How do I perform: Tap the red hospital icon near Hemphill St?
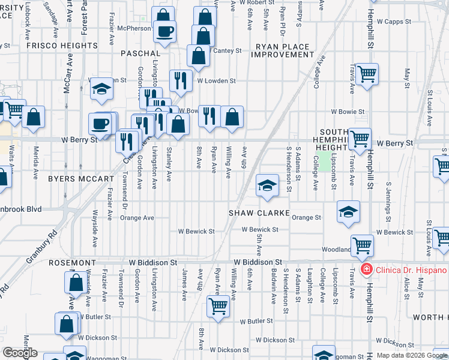[365, 269]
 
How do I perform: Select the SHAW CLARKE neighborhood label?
[259, 213]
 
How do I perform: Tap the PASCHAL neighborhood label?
[140, 53]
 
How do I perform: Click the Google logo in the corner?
[20, 353]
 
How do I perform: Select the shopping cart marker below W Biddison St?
[218, 306]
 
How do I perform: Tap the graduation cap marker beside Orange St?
[348, 211]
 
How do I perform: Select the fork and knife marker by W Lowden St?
[181, 79]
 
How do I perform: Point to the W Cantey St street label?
[228, 50]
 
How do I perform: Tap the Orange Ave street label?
[137, 218]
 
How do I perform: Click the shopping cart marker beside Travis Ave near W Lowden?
[367, 74]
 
